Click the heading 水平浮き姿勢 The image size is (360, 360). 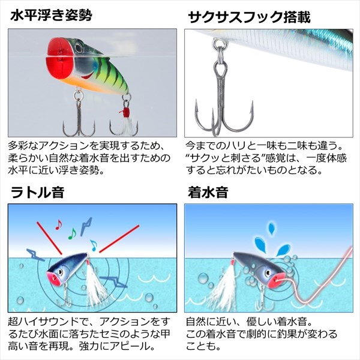click(x=51, y=16)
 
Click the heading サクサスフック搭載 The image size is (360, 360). click(x=249, y=17)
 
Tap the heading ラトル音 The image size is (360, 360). click(x=37, y=192)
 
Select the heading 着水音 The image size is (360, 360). click(x=208, y=192)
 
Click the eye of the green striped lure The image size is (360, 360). click(x=79, y=49)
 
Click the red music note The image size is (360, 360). click(x=59, y=225)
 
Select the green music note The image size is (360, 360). click(x=72, y=234)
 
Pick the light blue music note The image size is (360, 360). click(x=94, y=245)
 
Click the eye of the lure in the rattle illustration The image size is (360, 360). click(x=60, y=272)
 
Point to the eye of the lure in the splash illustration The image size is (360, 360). click(x=268, y=273)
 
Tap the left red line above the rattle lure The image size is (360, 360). click(x=49, y=238)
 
